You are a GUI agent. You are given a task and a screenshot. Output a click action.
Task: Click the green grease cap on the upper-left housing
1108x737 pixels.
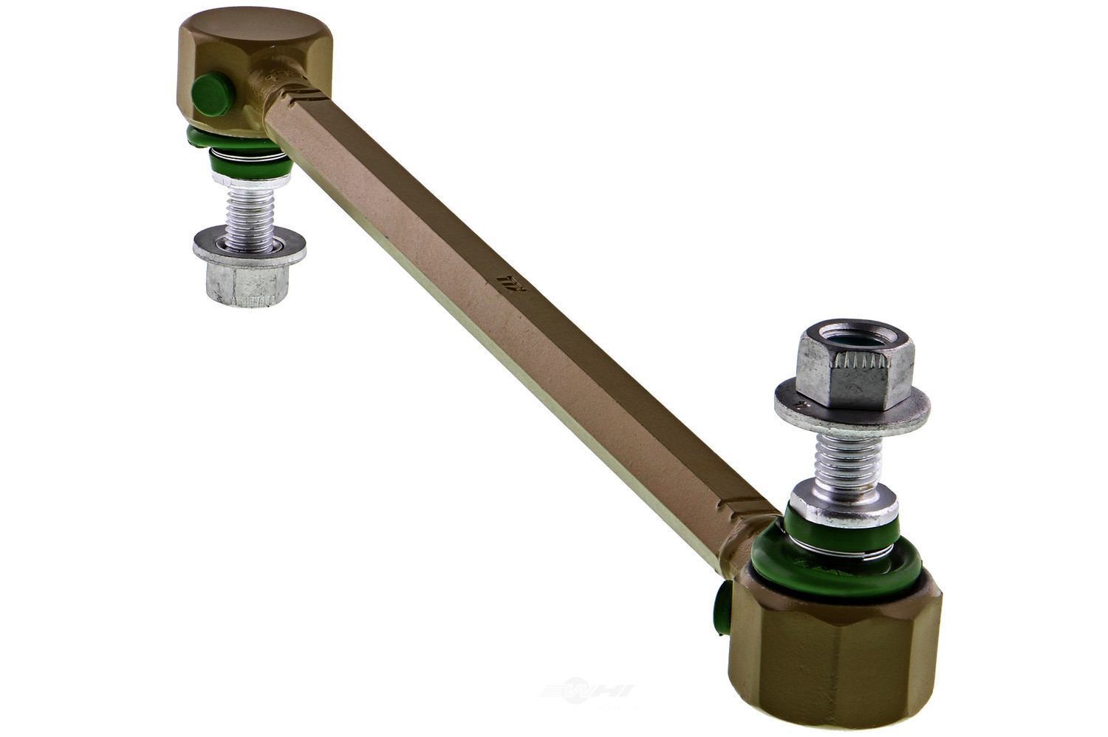pyautogui.click(x=212, y=95)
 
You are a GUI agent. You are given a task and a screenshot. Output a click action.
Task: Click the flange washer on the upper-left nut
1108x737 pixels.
pyautogui.click(x=249, y=246)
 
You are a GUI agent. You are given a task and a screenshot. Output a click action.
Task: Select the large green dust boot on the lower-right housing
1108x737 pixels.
pyautogui.click(x=835, y=562)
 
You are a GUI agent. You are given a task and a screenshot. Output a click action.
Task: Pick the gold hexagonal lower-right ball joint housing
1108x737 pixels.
pyautogui.click(x=835, y=651)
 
